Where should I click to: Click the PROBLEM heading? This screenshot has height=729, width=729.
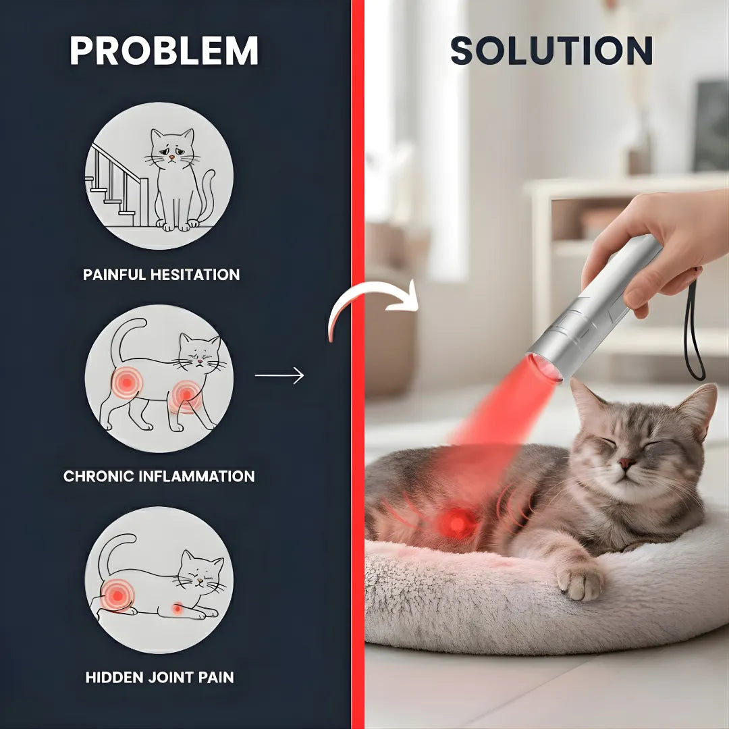164,51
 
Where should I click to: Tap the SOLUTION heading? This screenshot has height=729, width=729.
551,51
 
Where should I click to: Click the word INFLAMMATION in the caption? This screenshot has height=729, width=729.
197,476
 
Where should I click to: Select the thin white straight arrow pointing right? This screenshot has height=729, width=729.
279,375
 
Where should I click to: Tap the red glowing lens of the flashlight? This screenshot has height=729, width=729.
543,368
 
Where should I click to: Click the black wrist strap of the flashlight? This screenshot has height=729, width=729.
694,331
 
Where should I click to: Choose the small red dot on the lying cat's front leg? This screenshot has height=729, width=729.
177,609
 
